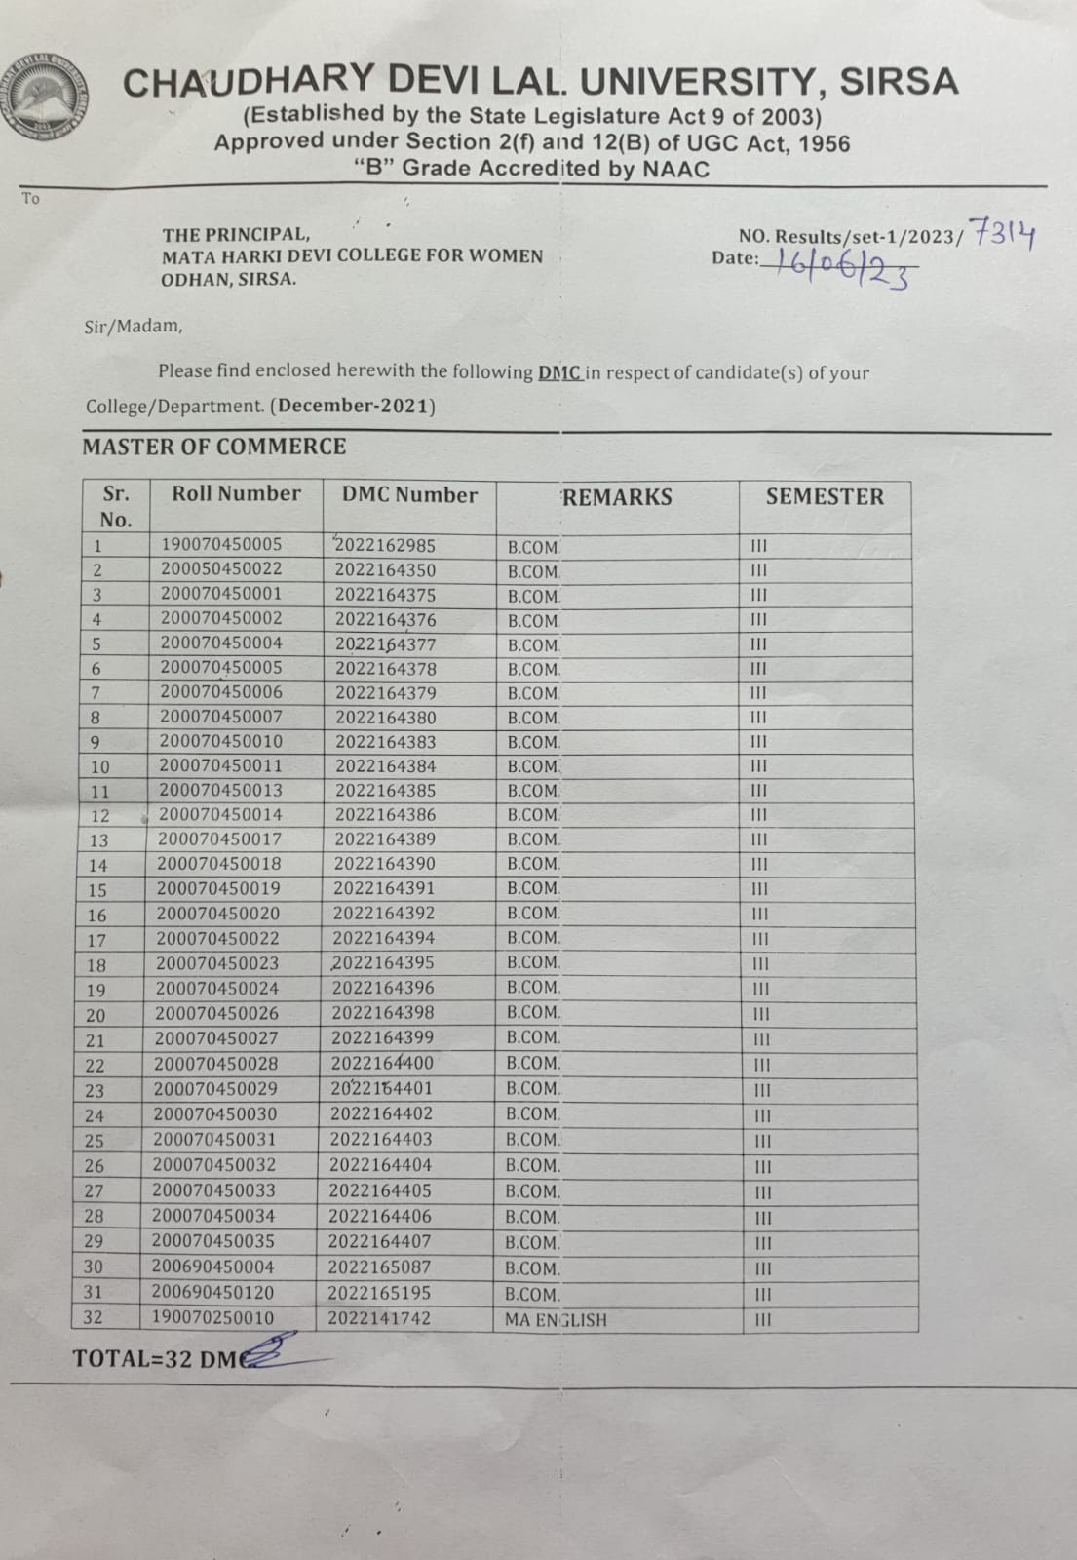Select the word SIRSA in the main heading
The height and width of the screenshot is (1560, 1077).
click(899, 81)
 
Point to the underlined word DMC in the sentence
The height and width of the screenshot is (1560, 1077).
click(559, 372)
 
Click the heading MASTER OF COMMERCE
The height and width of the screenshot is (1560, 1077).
click(214, 447)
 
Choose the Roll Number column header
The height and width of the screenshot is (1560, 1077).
click(236, 493)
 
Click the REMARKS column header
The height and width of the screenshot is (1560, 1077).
click(617, 497)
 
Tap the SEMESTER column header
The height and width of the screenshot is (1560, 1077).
click(825, 496)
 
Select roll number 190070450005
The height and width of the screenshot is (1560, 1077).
click(221, 545)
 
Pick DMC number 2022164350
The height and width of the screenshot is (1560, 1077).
click(385, 570)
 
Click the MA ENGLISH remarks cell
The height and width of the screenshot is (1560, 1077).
click(556, 1320)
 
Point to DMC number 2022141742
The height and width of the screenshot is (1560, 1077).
click(378, 1318)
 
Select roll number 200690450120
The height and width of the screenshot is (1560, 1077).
click(212, 1293)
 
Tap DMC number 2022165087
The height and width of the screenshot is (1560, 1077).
click(379, 1267)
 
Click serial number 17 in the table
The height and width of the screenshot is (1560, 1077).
click(96, 941)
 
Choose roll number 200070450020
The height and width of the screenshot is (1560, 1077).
click(217, 914)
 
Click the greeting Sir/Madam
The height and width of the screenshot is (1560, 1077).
click(133, 326)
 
